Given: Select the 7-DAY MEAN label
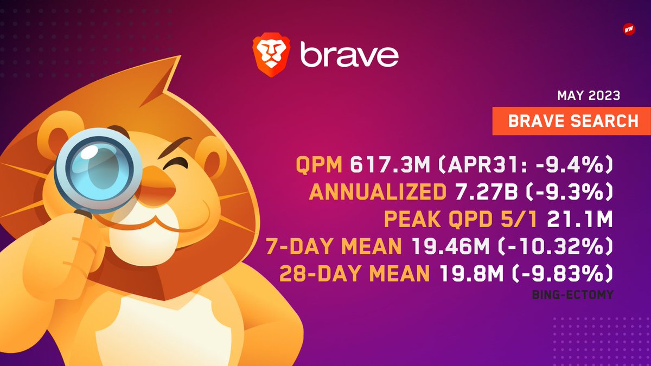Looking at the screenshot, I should [334, 247].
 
